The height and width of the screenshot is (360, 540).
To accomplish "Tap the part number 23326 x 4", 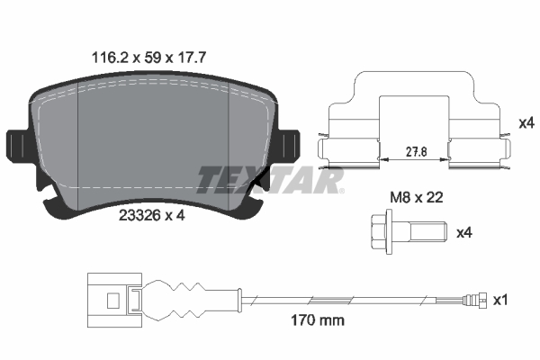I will pyautogui.click(x=151, y=215).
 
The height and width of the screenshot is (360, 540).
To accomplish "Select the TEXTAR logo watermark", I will pyautogui.click(x=271, y=180).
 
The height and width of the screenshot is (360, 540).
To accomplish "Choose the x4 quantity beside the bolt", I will pyautogui.click(x=465, y=234).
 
